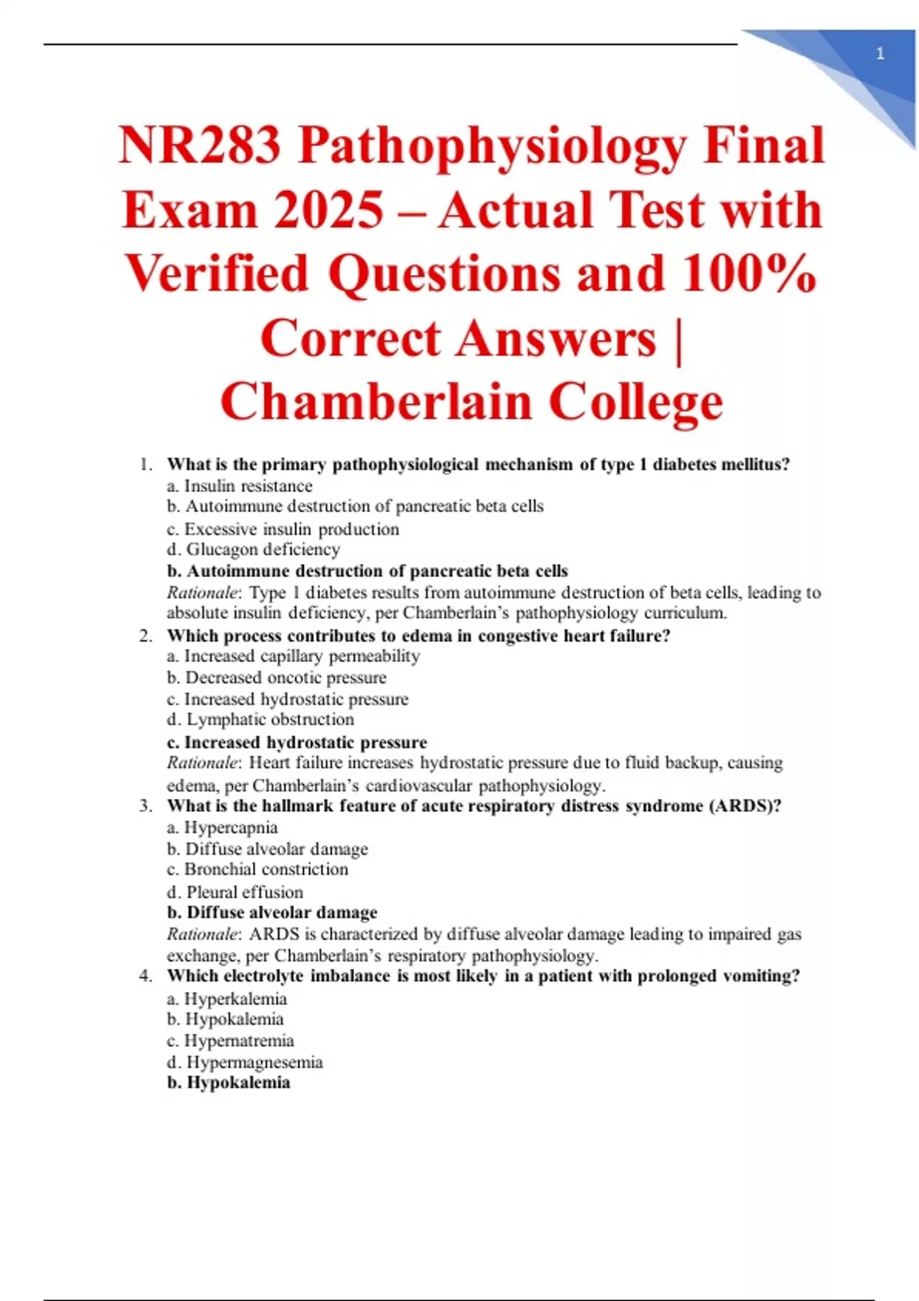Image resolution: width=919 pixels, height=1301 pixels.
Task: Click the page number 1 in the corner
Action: point(880,54)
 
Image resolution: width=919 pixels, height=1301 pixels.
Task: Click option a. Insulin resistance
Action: point(240,486)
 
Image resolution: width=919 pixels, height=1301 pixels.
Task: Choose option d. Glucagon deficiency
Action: point(253,549)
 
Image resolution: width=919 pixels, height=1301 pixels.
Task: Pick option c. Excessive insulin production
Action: point(283,529)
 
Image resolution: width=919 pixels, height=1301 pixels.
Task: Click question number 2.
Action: point(146,636)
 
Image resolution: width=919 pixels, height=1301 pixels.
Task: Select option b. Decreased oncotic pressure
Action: point(276,678)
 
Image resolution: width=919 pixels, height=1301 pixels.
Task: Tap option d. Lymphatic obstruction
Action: point(260,719)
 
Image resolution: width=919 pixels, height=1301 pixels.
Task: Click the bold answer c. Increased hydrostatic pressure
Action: point(297,742)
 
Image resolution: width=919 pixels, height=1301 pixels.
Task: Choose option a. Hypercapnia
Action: point(222,827)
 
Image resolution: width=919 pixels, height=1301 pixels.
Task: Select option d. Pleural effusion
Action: point(235,892)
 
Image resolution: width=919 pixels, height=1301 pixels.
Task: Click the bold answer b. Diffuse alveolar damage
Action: point(272,912)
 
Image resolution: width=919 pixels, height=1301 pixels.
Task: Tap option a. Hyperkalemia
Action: point(227,999)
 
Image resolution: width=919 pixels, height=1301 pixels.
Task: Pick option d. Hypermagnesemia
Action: point(245,1062)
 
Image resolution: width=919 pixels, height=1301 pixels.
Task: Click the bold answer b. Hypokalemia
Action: point(228,1083)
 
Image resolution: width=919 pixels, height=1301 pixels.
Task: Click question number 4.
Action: point(146,976)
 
